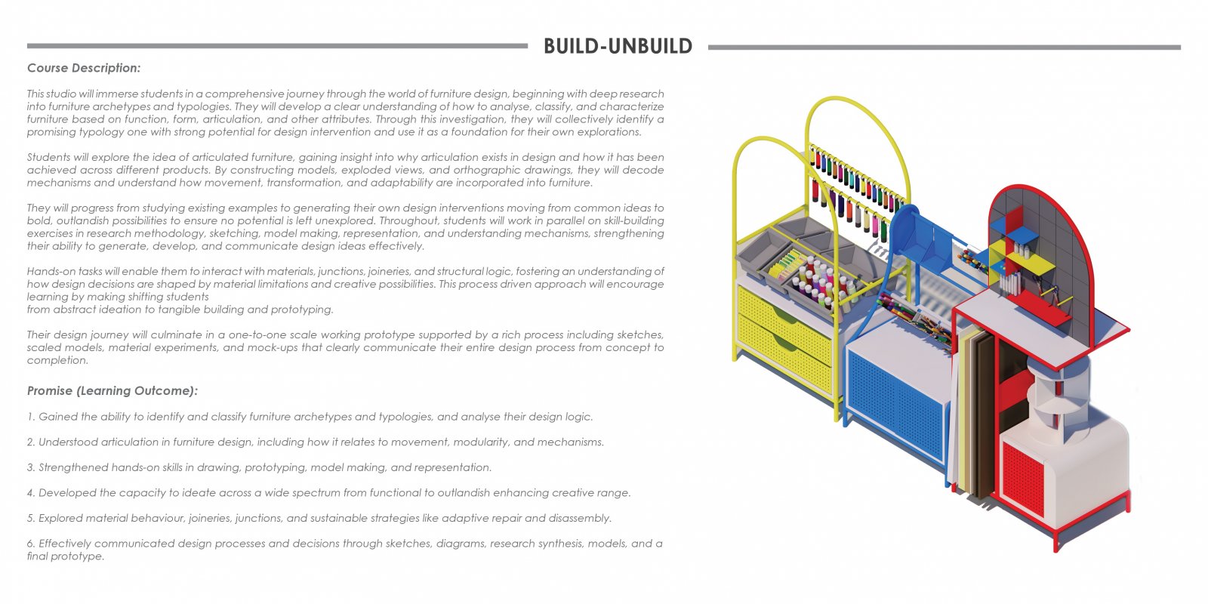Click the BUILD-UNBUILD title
coord(618,46)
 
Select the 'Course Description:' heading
coord(84,68)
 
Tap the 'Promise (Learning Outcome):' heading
coord(112,390)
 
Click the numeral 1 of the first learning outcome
coord(30,417)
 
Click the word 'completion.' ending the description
coord(57,360)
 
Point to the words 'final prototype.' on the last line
coord(65,556)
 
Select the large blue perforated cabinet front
coord(895,402)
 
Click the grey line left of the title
coord(277,46)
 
